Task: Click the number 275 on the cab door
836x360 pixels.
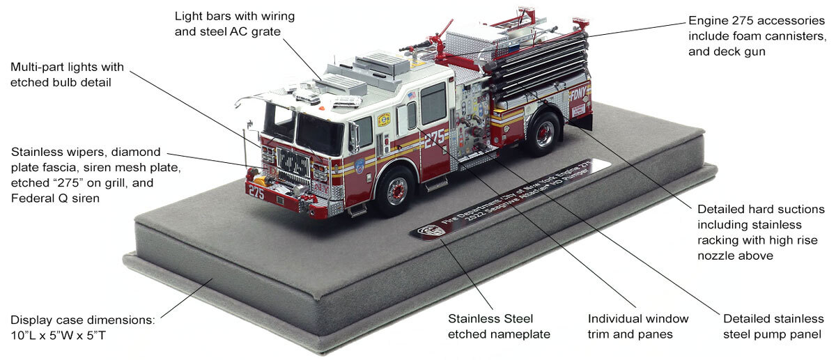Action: coord(434,137)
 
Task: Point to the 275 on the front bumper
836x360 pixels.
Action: coord(256,193)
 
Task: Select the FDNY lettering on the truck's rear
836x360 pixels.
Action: coord(578,94)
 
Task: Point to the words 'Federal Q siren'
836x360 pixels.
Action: coord(54,198)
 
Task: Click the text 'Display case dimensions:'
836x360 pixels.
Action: coord(82,321)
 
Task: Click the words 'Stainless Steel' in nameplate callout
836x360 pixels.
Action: coord(488,319)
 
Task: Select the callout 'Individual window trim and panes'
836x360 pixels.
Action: coord(638,326)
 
